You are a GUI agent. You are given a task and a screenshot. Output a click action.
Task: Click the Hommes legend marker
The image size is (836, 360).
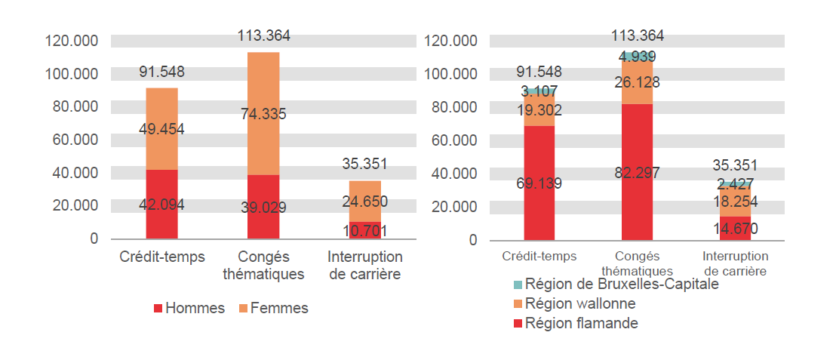pos(158,309)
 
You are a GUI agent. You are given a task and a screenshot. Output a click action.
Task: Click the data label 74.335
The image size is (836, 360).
pos(263,114)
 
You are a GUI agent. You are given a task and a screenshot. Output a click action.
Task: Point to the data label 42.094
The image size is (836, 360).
pos(161,205)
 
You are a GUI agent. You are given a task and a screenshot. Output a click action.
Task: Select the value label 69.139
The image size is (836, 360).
pos(539,183)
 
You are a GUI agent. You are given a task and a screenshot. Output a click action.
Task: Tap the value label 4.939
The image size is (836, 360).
pos(638,57)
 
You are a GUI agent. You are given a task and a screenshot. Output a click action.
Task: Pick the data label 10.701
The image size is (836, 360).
pos(364,230)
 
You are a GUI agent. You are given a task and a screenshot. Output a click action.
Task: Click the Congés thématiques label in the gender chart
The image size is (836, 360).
pos(263,266)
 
